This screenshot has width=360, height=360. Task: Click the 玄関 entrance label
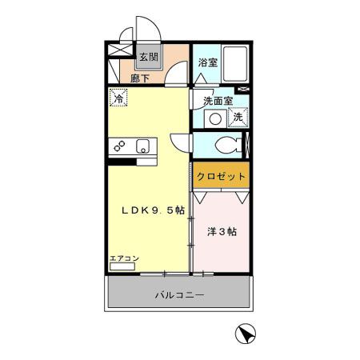point(147,57)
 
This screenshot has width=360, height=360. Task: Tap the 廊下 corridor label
point(140,78)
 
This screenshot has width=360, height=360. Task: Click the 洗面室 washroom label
point(217,101)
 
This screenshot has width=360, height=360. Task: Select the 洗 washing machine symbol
point(238,118)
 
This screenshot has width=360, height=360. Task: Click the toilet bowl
point(226,146)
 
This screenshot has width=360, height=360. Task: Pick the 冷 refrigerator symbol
point(118,99)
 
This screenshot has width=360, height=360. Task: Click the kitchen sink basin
point(142,146)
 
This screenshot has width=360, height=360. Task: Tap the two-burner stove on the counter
point(119,146)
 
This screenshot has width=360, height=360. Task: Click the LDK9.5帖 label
point(153,210)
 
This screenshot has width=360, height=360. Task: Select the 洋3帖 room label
point(222,232)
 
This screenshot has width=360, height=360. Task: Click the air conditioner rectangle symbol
point(123,266)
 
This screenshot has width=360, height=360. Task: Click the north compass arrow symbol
point(245,334)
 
